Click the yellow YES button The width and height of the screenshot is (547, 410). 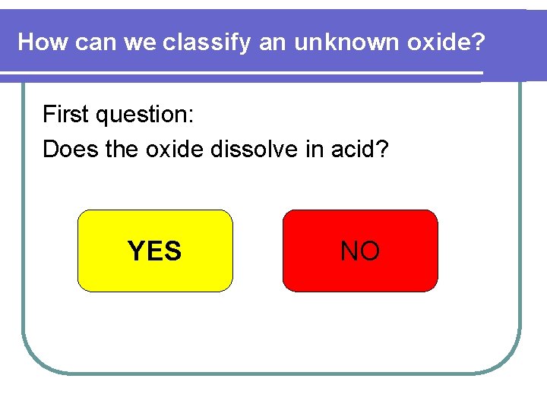(x=155, y=251)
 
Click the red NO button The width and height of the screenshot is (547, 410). (x=360, y=251)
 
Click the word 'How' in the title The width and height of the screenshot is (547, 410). (x=43, y=43)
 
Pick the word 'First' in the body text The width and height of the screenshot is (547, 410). (x=63, y=115)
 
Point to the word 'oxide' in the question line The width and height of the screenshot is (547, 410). (x=175, y=150)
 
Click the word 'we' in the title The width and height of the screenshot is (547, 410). (x=139, y=43)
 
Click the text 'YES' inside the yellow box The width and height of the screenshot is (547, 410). (x=155, y=251)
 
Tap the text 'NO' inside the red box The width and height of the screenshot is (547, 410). (x=360, y=251)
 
